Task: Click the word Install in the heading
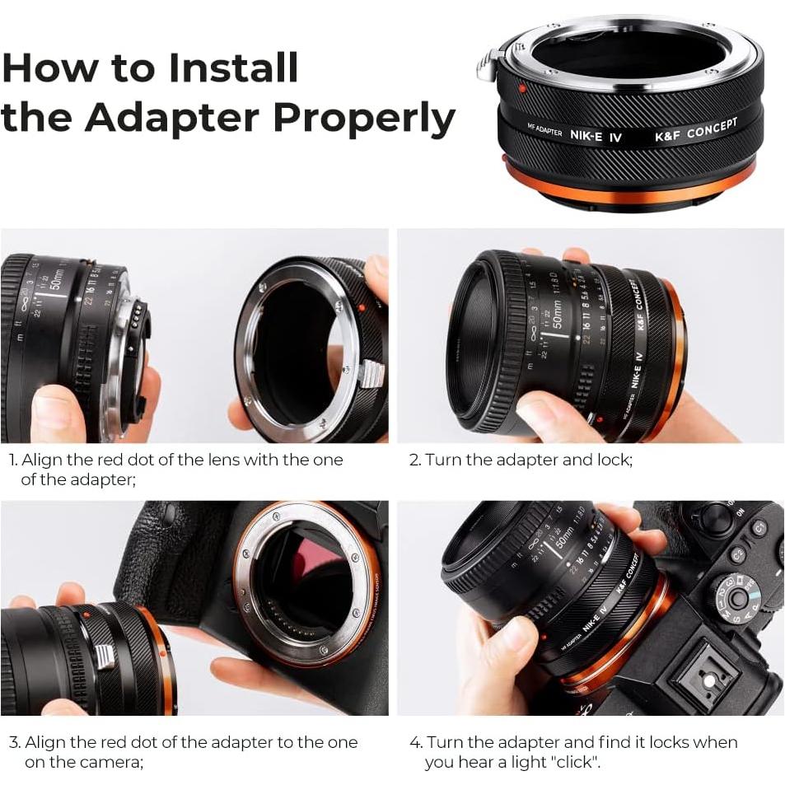coord(234,68)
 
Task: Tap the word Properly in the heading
coord(363,119)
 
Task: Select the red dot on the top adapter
coord(522,89)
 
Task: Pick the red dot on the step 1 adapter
coord(361,308)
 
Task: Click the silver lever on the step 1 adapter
coord(371,373)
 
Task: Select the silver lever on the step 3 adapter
coord(105,656)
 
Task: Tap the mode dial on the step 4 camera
coord(736,597)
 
